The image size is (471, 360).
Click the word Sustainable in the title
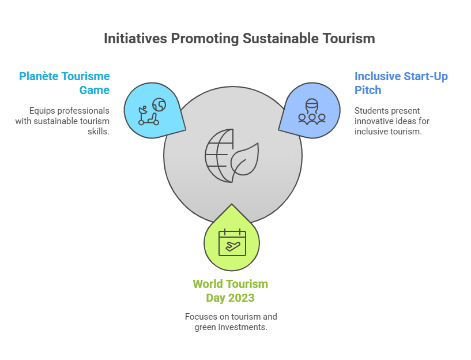(281, 39)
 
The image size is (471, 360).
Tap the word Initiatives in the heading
(135, 39)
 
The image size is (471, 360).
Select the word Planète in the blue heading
(39, 76)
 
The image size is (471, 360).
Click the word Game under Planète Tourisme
(95, 90)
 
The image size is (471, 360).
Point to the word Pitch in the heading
(368, 90)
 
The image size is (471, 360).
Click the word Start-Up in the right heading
(425, 77)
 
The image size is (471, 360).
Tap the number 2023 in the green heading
(241, 298)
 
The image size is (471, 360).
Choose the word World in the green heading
(208, 284)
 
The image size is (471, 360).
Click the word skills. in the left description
(99, 132)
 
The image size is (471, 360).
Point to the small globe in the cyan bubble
(159, 104)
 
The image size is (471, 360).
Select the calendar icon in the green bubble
(232, 242)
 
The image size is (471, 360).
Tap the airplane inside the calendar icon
(233, 246)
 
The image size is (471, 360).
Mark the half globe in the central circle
(219, 156)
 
